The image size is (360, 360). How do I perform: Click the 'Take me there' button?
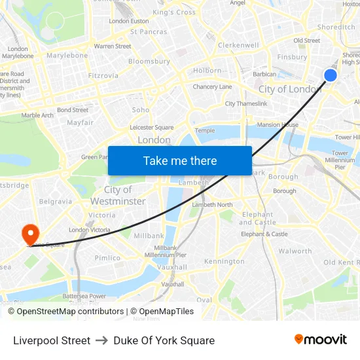180,160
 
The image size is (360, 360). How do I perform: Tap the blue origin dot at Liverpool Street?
331,75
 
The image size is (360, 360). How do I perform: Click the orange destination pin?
30,234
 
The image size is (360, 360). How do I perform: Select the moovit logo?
320,340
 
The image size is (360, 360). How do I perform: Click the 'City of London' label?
289,89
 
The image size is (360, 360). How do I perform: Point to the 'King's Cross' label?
173,12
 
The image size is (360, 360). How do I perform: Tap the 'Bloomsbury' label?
149,62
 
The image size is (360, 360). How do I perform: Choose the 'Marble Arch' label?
37,115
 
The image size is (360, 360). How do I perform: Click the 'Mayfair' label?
80,122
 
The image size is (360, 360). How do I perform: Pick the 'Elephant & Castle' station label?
264,234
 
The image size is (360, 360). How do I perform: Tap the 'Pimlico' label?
107,258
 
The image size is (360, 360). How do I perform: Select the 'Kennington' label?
224,261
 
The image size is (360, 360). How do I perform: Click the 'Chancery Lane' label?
212,87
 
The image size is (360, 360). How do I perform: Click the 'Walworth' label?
295,251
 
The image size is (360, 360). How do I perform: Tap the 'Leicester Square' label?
152,128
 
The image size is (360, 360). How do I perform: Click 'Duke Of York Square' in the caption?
164,340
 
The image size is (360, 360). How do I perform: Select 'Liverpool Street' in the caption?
52,340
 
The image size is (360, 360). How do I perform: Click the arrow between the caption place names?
101,340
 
